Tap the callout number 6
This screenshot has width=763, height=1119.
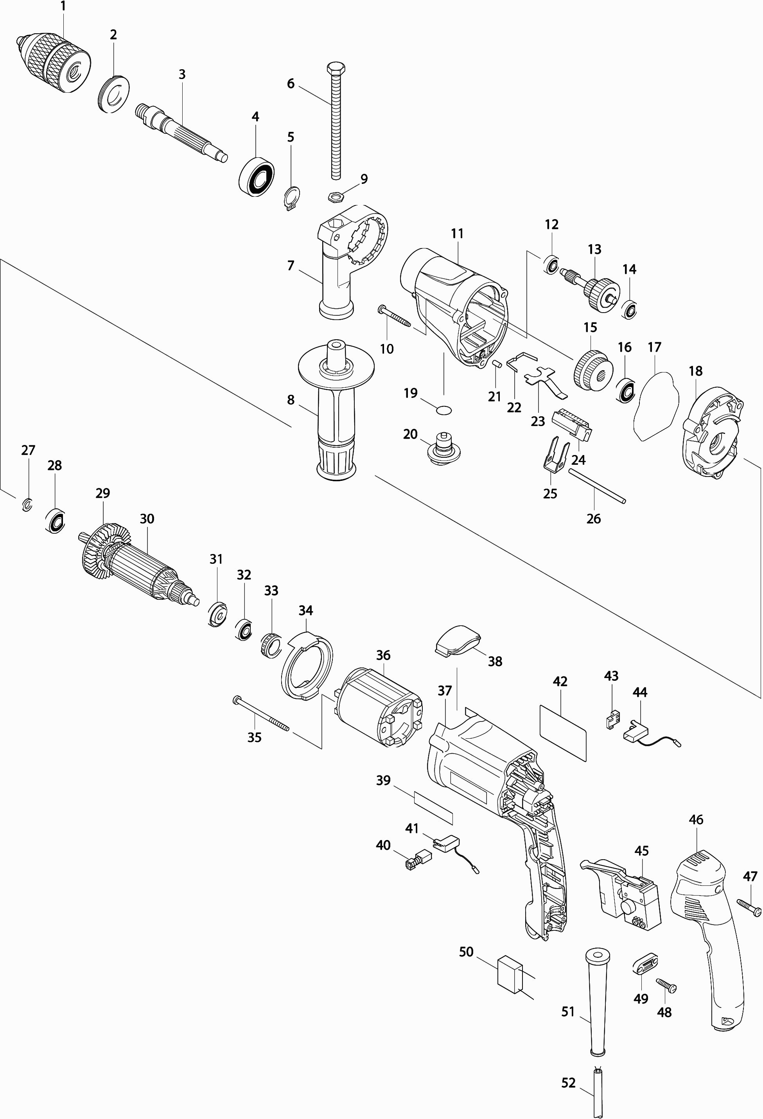(291, 83)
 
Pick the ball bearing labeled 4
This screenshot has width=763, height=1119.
(257, 176)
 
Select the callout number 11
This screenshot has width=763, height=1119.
(457, 234)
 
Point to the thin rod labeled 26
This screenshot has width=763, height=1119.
(597, 486)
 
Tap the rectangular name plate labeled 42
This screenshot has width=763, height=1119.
(563, 732)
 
